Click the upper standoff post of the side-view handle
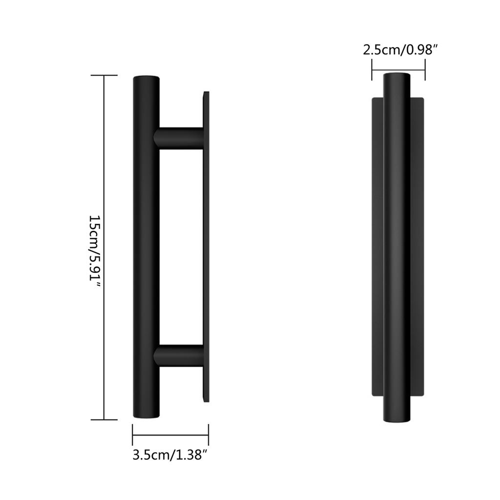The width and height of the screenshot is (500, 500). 179,137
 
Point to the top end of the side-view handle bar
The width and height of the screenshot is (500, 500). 146,79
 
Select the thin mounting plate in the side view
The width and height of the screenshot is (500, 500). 206,247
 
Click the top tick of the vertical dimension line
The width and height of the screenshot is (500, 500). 104,76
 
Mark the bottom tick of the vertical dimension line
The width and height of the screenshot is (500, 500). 104,419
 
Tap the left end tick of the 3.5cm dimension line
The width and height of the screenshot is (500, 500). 133,434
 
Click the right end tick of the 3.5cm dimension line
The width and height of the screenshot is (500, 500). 208,434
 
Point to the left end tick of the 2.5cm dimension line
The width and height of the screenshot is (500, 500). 372,70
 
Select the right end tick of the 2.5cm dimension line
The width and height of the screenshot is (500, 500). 425,70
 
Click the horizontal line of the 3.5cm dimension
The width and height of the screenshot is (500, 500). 170,434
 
